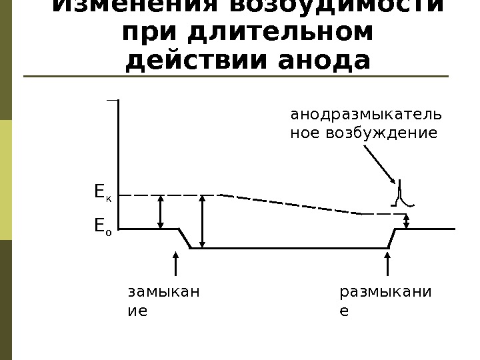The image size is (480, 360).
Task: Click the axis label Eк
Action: click(x=102, y=194)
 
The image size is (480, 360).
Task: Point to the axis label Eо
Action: click(x=102, y=227)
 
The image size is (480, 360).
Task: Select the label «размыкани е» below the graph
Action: click(x=385, y=301)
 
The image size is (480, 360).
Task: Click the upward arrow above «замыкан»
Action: click(x=175, y=263)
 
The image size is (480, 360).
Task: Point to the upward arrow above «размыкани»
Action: click(x=388, y=263)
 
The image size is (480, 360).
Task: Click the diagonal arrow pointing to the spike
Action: click(x=379, y=164)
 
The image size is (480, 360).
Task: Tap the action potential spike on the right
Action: click(x=401, y=193)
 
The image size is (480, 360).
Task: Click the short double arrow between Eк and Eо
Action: click(x=160, y=211)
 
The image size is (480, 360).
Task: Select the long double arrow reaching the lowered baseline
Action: click(x=203, y=221)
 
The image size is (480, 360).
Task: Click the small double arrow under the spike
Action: click(x=407, y=221)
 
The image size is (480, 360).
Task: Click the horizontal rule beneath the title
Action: click(x=233, y=77)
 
